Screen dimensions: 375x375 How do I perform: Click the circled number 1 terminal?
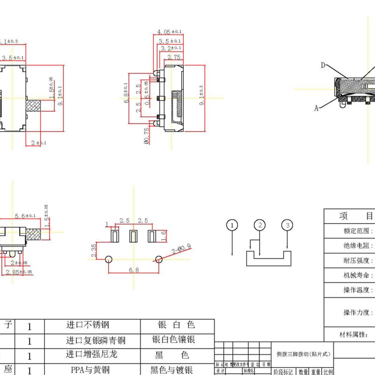point(232,225)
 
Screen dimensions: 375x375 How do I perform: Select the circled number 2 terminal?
point(260,225)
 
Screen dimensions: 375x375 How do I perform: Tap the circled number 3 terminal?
point(287,225)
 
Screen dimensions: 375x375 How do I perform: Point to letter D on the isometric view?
point(323,65)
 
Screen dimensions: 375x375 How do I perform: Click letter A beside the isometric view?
point(316,108)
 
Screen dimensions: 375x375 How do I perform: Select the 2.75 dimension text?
point(174,57)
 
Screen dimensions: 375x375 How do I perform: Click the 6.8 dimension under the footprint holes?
point(134,270)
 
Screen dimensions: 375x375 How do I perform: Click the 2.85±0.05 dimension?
point(19,272)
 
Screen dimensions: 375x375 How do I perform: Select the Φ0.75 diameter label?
point(147,136)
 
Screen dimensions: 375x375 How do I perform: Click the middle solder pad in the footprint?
point(133,235)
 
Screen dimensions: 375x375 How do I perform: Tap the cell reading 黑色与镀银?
point(172,369)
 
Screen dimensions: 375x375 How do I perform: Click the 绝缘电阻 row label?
point(359,245)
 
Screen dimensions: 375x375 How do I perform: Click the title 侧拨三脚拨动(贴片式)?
point(303,354)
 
